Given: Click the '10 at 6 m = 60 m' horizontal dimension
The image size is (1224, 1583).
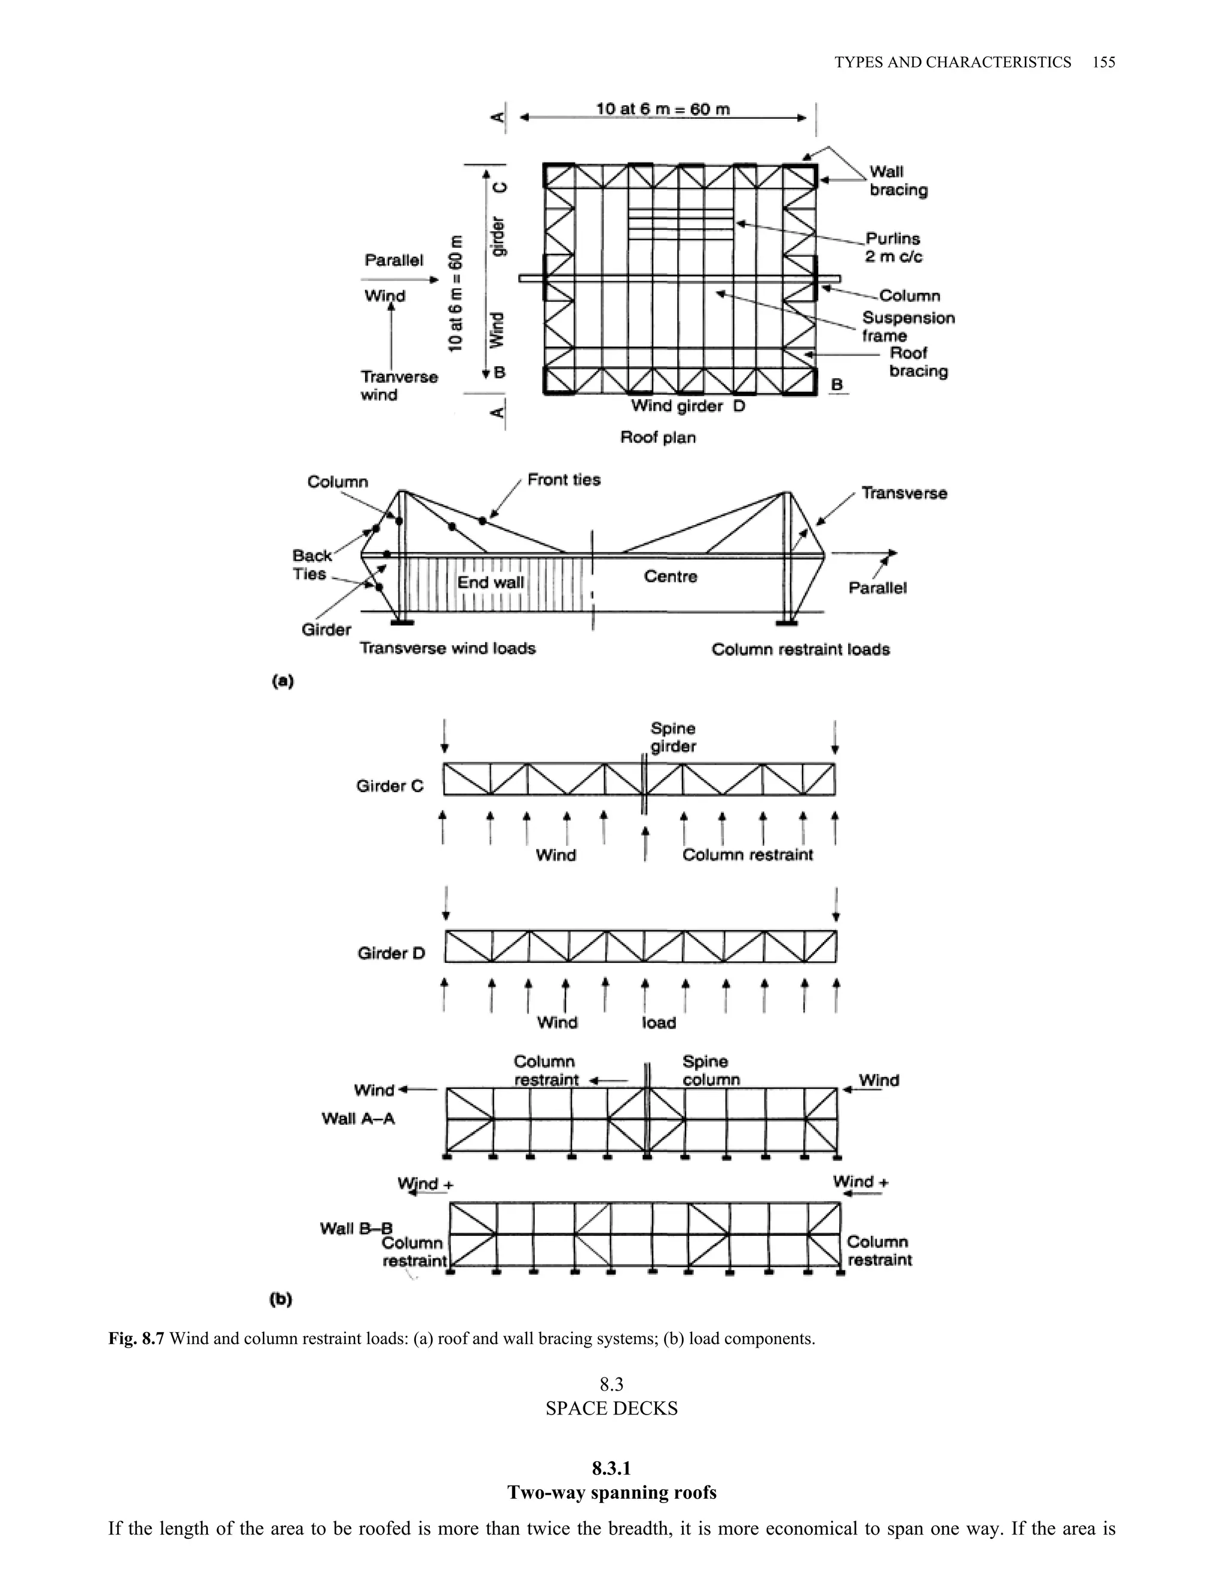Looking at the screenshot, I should (x=663, y=109).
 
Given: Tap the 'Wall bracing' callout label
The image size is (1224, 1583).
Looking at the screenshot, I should (x=898, y=181).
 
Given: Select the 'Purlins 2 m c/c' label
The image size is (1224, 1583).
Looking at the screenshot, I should (x=893, y=247).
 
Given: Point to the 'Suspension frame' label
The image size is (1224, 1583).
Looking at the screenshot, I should (x=908, y=327).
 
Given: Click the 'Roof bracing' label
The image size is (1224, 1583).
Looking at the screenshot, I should (x=918, y=361).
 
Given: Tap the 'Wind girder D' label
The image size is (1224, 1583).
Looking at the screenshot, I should (x=687, y=406).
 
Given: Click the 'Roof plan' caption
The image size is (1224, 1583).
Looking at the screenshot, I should (x=657, y=437).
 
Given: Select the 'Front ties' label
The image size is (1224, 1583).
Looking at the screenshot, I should (x=564, y=480).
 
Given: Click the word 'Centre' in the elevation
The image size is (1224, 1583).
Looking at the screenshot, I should (x=670, y=577).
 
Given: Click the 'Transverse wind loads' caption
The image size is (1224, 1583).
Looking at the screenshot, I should (x=448, y=648).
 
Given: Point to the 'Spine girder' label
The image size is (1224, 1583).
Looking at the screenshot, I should (x=673, y=737).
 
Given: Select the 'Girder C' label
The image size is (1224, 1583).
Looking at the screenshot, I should (x=390, y=786).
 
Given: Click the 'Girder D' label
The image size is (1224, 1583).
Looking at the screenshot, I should (x=391, y=953).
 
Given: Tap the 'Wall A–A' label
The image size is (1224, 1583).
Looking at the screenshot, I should (x=358, y=1118).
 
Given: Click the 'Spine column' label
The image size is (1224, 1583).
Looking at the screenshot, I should (x=711, y=1070).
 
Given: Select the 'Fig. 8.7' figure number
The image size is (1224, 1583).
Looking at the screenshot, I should (x=136, y=1339).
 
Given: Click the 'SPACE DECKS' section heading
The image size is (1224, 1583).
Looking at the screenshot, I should (x=611, y=1409).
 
